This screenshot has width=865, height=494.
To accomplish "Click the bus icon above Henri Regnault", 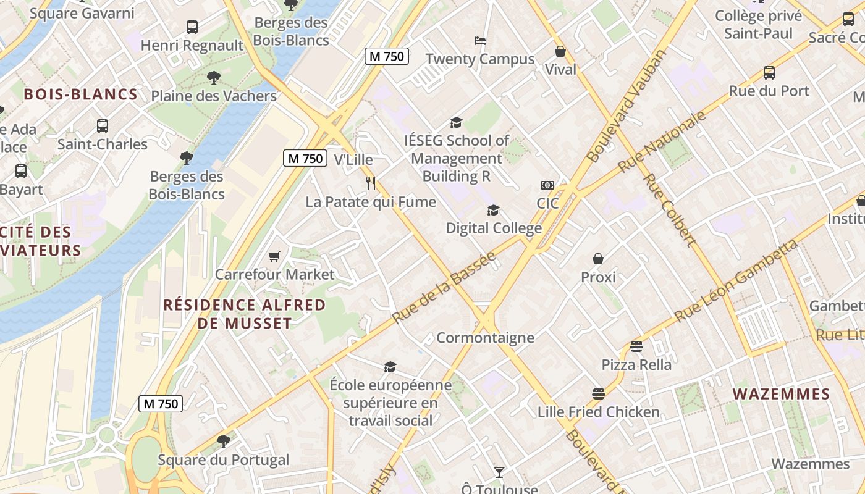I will tap(192, 27).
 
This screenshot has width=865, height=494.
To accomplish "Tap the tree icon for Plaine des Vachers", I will tap(213, 78).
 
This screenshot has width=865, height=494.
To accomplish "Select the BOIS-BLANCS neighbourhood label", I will tap(80, 94).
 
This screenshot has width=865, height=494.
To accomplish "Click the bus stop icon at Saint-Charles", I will tap(103, 126).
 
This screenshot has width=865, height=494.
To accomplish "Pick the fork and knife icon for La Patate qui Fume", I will tap(371, 183).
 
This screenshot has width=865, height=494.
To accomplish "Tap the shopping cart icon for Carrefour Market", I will tap(274, 256).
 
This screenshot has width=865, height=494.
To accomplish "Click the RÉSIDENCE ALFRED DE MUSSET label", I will tap(244, 314).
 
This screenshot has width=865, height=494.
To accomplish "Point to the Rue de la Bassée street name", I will tap(444, 287).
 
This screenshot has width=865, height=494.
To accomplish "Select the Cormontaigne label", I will tap(485, 338).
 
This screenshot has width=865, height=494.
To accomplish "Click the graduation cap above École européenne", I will tap(390, 367).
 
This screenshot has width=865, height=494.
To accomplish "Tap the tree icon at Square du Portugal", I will tap(223, 442).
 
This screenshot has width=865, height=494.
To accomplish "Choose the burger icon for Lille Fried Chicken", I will tap(598, 393).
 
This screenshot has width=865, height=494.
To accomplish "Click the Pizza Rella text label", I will tap(636, 364).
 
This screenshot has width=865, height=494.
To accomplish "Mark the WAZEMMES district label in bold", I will tap(781, 394).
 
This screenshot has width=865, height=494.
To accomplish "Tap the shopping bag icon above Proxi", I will tap(598, 259).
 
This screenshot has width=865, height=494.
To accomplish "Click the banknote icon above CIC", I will tap(547, 185).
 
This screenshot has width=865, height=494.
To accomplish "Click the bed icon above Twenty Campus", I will tap(480, 41).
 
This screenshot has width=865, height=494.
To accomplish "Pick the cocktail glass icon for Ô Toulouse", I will tap(499, 472).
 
